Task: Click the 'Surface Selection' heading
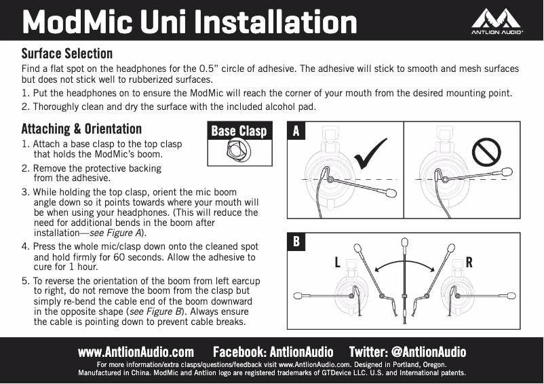(66, 54)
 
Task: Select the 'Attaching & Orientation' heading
(81, 129)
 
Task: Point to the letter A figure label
(296, 131)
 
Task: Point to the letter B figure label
(296, 242)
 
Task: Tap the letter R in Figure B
(469, 263)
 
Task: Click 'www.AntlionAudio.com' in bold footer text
(136, 352)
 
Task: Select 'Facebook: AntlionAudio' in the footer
(273, 352)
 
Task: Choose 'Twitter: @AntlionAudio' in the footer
(408, 352)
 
